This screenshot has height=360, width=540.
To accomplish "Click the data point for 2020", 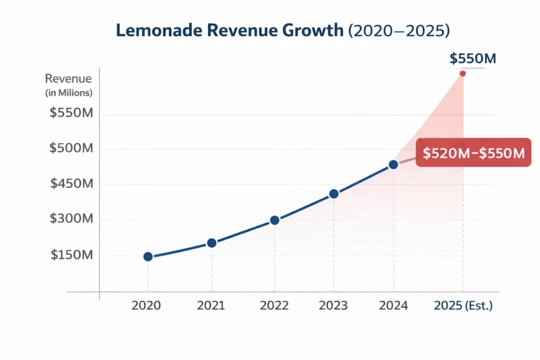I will [x=148, y=257].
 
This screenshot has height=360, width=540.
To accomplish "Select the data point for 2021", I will [x=211, y=243].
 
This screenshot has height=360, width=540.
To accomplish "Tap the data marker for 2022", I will [x=274, y=220].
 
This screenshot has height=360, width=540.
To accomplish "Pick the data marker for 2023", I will [x=333, y=194].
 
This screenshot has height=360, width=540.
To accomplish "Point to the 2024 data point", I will [x=393, y=165].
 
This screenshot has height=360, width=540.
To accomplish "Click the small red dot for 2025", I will [x=463, y=73].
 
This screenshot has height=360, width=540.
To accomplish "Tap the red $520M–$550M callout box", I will [x=474, y=153].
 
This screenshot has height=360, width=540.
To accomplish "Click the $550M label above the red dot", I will [x=472, y=59].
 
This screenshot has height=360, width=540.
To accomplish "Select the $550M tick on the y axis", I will [x=71, y=113].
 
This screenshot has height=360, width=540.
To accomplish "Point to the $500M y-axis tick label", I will [x=71, y=148].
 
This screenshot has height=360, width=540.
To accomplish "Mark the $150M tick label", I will [x=72, y=255].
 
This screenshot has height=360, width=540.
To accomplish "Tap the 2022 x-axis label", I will [x=274, y=306].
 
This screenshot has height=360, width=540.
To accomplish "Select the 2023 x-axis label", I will [x=333, y=306].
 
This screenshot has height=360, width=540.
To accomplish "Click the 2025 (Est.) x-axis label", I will [x=462, y=306].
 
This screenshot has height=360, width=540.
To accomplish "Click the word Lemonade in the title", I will [x=153, y=30].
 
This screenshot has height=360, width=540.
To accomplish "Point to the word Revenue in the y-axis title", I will [x=69, y=79].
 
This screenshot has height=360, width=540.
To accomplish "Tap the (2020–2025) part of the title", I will [x=399, y=30].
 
